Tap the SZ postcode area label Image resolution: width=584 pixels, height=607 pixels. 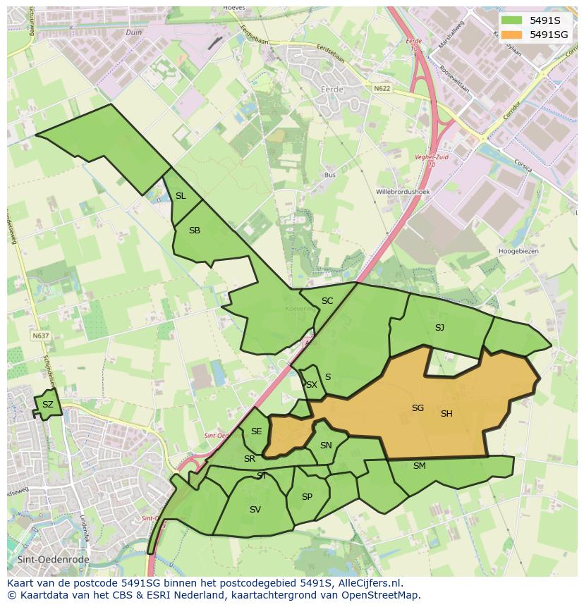pos(47,405)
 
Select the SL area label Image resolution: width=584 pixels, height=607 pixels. pos(181,196)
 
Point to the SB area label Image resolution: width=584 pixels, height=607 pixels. pos(195,231)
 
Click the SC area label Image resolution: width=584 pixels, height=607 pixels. pos(327,301)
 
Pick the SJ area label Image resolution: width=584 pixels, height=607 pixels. pos(439,327)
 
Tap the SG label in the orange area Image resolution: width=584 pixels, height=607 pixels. pos(418,408)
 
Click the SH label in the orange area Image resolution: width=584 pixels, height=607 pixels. pos(446,414)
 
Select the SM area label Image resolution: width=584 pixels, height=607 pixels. pos(420,465)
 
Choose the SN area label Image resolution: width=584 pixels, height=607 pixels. pos(326,446)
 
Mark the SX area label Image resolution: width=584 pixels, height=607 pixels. pos(311,385)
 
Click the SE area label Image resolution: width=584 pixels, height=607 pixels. pos(256,431)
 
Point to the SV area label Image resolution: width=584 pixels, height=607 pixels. pos(255,510)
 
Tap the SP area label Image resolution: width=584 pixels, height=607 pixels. pos(307,497)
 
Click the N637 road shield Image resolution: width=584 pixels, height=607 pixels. pos(40,336)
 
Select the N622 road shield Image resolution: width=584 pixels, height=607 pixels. pos(382,88)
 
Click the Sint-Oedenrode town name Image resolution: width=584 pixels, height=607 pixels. pos(39,559)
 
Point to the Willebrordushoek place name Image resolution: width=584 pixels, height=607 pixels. pos(403,191)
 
